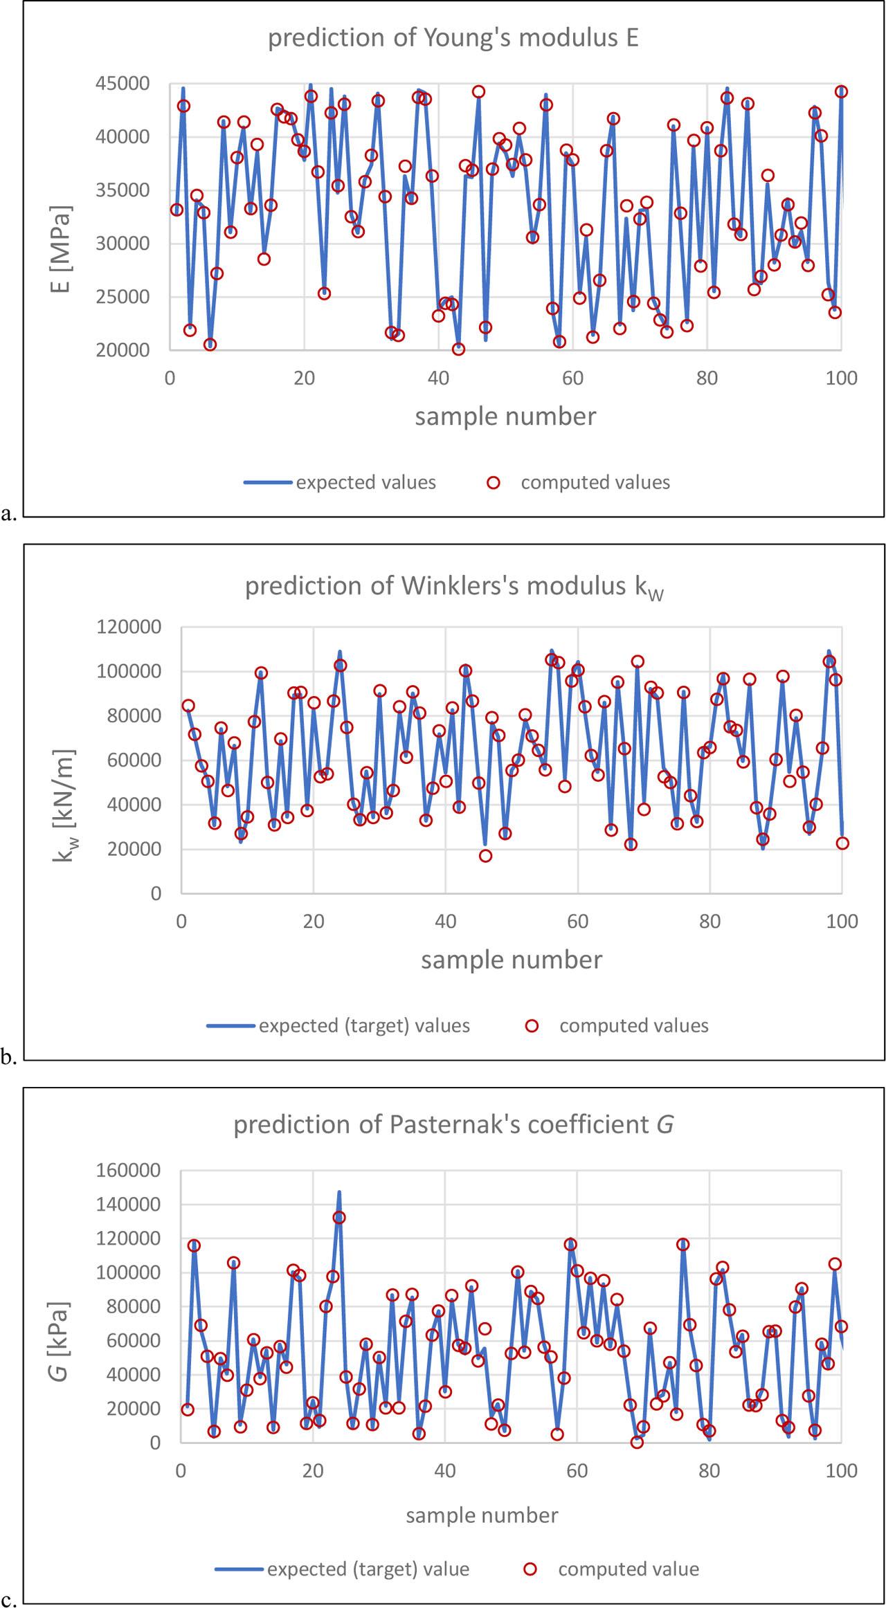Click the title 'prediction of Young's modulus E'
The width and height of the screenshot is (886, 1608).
point(453,37)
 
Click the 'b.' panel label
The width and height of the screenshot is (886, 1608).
point(8,1057)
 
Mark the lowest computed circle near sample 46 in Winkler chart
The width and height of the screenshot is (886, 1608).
point(485,856)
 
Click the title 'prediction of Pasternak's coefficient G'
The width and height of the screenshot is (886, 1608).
point(453,1124)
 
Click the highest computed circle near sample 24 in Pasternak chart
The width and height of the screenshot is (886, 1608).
point(338,1217)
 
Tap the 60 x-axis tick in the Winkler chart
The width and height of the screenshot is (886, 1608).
point(577,921)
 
